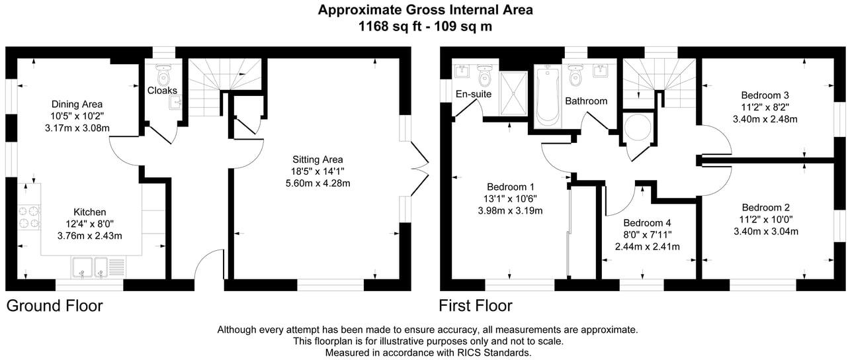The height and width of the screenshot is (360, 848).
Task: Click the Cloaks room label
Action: click(x=162, y=91)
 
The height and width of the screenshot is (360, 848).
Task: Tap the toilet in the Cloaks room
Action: click(x=163, y=75)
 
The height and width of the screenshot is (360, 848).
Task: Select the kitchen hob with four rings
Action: click(x=29, y=217)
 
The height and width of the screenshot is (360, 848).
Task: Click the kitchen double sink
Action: click(x=99, y=267)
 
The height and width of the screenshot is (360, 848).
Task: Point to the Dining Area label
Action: click(x=77, y=104)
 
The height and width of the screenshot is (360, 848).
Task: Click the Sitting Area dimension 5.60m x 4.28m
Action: click(x=318, y=183)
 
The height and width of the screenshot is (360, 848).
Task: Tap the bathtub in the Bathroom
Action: click(x=548, y=95)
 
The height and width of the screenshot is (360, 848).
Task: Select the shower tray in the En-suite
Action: click(x=513, y=93)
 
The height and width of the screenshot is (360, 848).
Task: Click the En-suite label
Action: click(x=473, y=94)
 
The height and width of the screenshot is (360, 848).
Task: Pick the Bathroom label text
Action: click(x=586, y=101)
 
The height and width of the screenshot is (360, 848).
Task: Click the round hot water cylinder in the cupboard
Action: click(x=637, y=127)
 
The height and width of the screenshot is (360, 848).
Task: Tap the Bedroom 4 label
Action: click(x=647, y=223)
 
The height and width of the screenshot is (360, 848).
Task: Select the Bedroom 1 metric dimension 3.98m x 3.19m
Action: click(x=510, y=211)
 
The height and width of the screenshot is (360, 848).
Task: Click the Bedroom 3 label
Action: click(x=765, y=95)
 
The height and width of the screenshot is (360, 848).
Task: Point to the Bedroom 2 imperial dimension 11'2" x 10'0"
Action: click(x=766, y=220)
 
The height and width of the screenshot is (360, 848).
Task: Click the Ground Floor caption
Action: click(x=54, y=306)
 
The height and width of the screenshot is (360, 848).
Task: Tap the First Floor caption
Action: click(x=476, y=306)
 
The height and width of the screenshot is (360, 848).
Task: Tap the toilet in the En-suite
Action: click(x=484, y=75)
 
